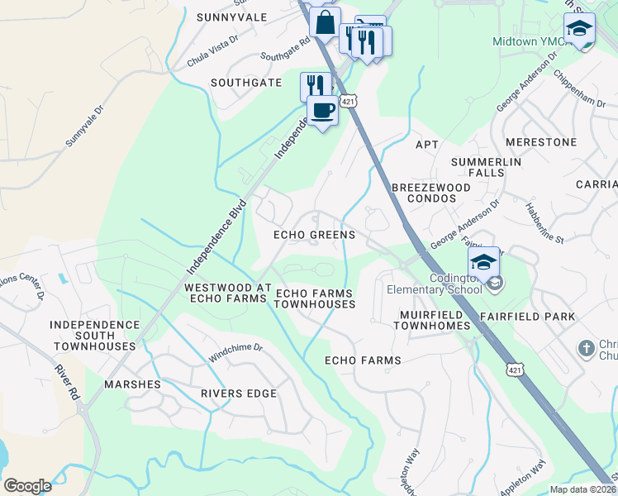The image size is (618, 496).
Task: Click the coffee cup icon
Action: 322,109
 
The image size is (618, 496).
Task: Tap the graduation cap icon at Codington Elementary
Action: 483,262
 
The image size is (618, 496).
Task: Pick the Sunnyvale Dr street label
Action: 86,126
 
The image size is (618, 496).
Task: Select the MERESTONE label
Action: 541,142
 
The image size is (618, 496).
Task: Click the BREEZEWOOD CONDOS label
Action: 430,193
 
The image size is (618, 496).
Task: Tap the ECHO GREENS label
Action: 315,235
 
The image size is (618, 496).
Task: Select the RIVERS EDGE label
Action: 238,393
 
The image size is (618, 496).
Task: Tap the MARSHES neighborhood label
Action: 132,385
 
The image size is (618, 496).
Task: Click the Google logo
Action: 27,486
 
